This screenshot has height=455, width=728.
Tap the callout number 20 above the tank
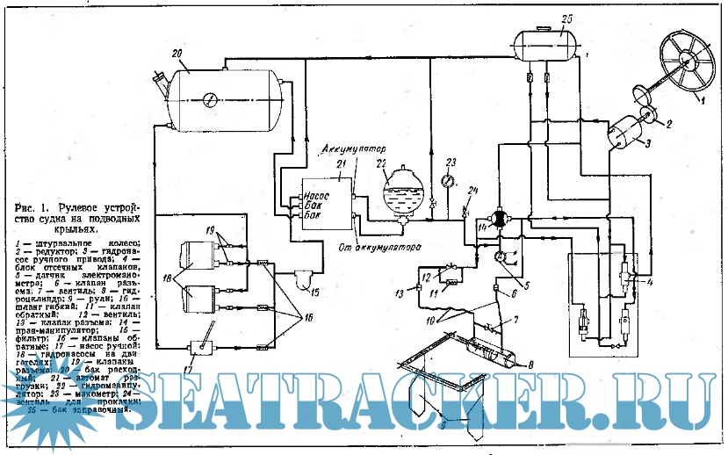pos(177,54)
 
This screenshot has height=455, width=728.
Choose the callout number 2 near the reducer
pos(669,125)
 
